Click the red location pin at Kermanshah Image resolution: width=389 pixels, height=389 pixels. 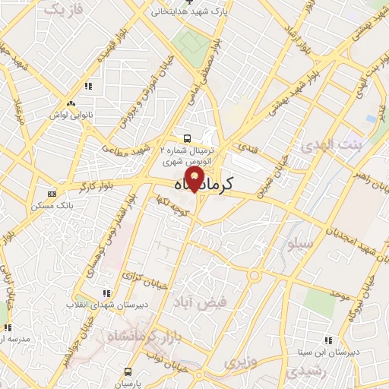tap(195, 179)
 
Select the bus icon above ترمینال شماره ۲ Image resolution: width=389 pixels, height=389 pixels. tap(186, 138)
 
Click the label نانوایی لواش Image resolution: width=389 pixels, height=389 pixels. tap(71, 113)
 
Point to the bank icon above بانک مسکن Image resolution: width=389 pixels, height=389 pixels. tap(52, 194)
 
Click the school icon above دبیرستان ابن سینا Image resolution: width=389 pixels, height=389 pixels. tap(328, 341)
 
